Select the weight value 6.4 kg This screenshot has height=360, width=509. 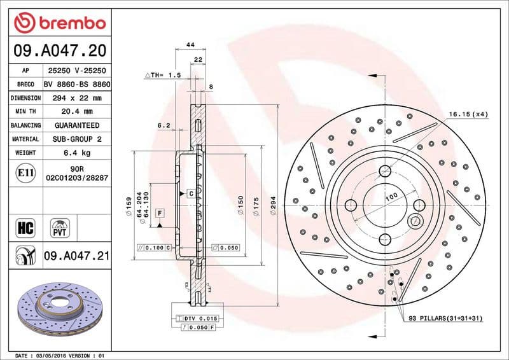pyautogui.click(x=76, y=153)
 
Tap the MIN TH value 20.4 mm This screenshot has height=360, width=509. pyautogui.click(x=76, y=112)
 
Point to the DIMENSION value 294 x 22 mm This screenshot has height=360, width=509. pyautogui.click(x=76, y=98)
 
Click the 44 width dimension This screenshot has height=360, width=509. pyautogui.click(x=190, y=45)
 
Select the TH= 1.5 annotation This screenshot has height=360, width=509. pyautogui.click(x=164, y=75)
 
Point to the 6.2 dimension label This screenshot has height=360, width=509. pyautogui.click(x=164, y=125)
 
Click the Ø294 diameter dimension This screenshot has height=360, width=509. pyautogui.click(x=274, y=207)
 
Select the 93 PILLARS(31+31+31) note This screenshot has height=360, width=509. pyautogui.click(x=443, y=317)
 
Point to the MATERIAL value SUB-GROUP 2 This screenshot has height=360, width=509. pyautogui.click(x=76, y=139)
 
